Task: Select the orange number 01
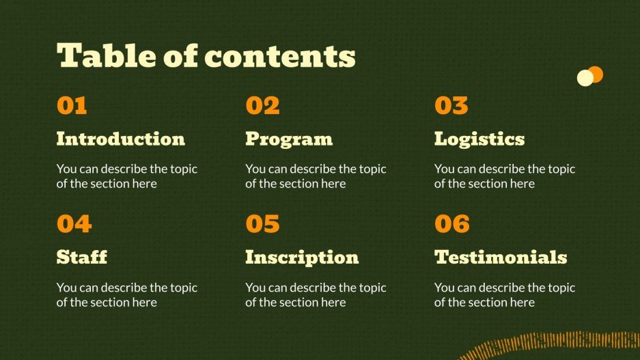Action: tap(72, 105)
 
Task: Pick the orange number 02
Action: tap(262, 105)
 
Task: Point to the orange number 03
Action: tap(451, 105)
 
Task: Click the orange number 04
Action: tap(74, 223)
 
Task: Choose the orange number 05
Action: tap(262, 223)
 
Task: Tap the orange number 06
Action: tap(452, 223)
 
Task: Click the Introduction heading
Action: tap(121, 139)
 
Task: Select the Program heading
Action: tap(289, 139)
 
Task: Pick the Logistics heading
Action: tap(479, 139)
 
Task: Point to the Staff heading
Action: tap(82, 257)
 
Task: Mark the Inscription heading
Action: tap(302, 258)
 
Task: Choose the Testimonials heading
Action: tap(501, 257)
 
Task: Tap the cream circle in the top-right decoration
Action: tap(585, 78)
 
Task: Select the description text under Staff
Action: tap(127, 294)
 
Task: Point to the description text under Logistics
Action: tap(505, 176)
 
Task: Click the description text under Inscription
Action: tap(316, 294)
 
